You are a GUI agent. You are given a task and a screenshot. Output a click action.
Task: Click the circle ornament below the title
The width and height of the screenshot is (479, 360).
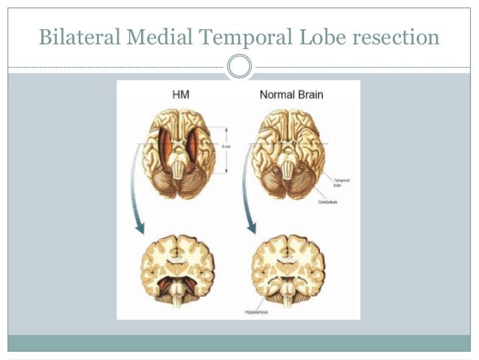pyautogui.click(x=239, y=67)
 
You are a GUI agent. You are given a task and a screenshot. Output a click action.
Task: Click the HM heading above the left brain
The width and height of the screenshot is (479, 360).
pyautogui.click(x=179, y=95)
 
